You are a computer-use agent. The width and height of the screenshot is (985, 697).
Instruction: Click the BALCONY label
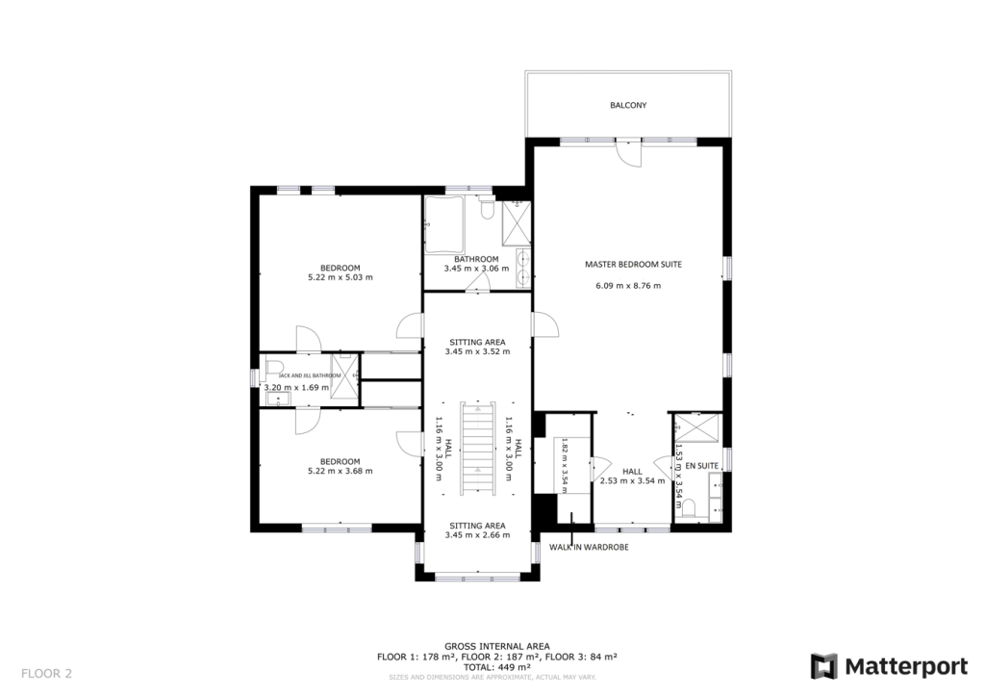[627, 105]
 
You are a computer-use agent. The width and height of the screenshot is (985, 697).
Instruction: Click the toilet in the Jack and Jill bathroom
[272, 366]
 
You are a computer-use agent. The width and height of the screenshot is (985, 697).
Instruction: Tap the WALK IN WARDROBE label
[589, 547]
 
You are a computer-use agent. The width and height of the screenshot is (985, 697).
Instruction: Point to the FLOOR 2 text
[46, 673]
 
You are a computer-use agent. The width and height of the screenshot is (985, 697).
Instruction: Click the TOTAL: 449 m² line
[496, 666]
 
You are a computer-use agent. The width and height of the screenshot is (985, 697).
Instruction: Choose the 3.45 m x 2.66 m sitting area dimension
[477, 535]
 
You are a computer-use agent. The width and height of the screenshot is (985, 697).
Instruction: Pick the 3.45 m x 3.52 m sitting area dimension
[477, 352]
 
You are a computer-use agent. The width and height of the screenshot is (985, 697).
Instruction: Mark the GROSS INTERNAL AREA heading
[496, 647]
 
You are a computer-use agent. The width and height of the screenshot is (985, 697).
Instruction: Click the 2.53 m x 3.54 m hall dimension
[632, 480]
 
